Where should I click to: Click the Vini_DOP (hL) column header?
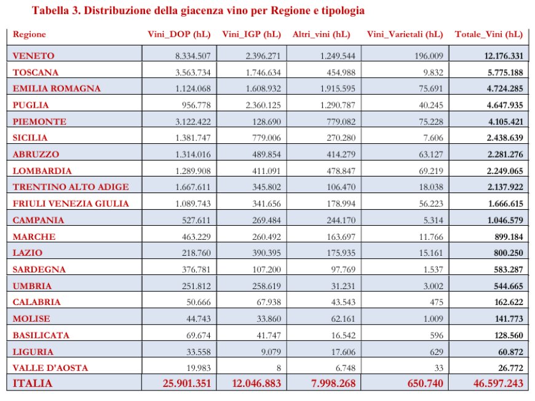[179, 34]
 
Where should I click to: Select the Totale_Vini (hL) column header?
[489, 34]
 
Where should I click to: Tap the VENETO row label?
[33, 55]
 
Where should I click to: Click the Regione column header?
[29, 34]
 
